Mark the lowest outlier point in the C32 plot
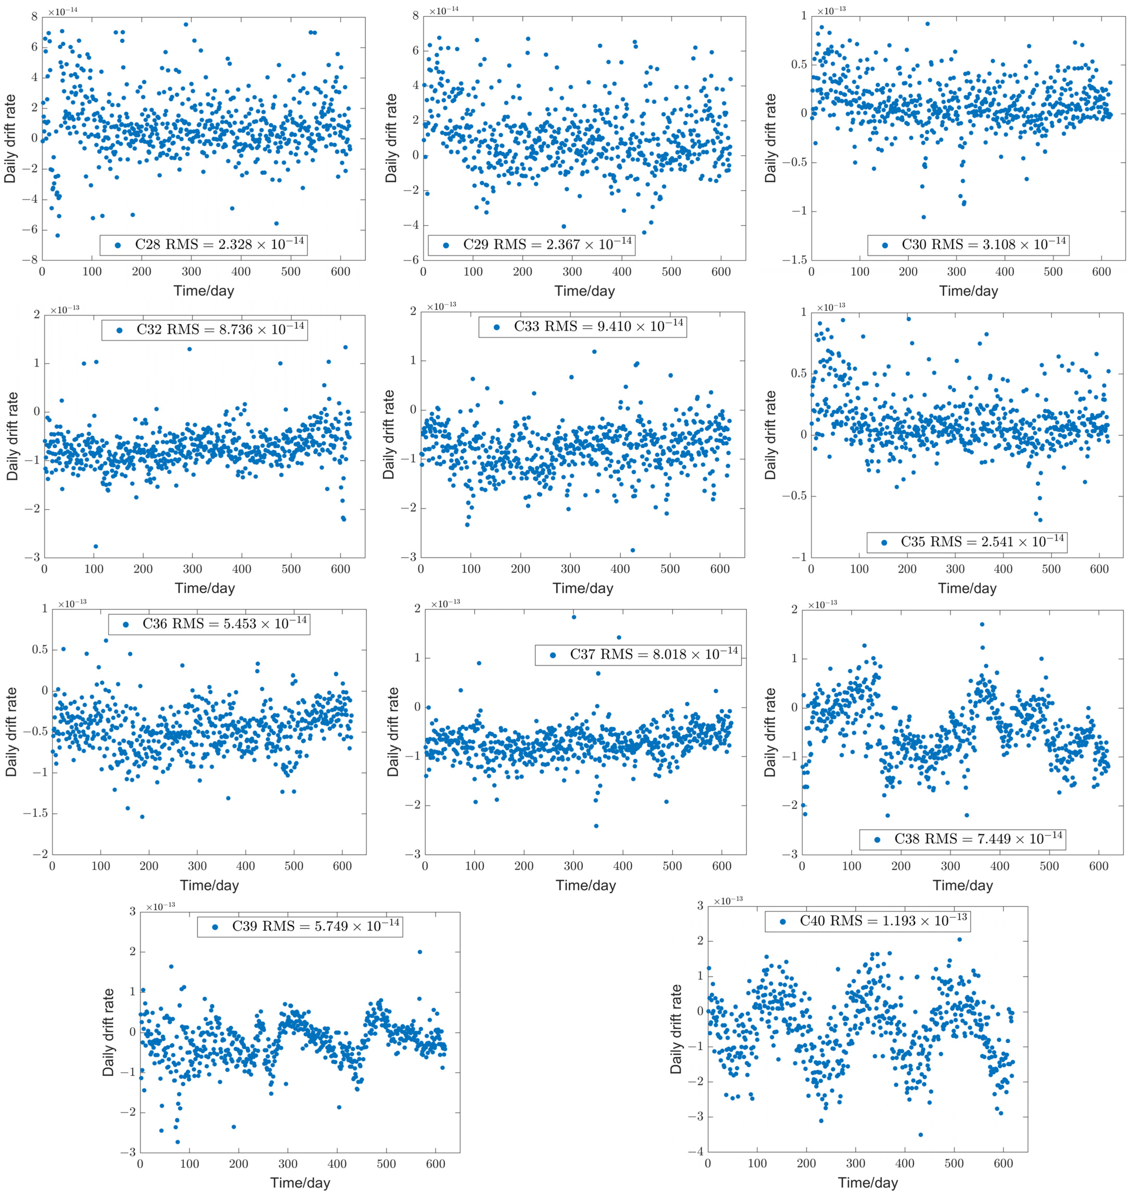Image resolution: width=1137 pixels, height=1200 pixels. click(95, 546)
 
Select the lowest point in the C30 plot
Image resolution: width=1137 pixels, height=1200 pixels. click(924, 217)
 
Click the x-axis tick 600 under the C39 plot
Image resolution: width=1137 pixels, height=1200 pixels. click(435, 1164)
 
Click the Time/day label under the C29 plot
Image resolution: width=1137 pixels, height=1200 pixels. click(584, 291)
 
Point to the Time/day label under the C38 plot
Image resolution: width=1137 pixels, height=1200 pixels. click(963, 886)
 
